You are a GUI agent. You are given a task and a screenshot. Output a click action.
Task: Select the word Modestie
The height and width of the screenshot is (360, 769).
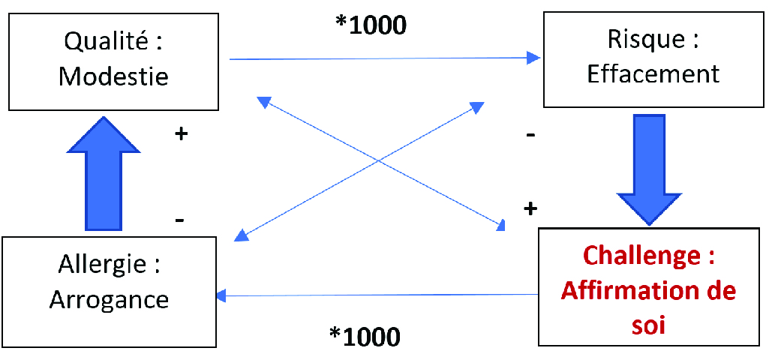pyautogui.click(x=113, y=76)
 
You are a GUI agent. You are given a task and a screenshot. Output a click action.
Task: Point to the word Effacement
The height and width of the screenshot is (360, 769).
pyautogui.click(x=653, y=73)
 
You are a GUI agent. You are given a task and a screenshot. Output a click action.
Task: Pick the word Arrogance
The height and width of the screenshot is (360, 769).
pyautogui.click(x=109, y=299)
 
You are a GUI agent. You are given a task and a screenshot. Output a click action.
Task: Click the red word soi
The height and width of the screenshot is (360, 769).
pyautogui.click(x=650, y=326)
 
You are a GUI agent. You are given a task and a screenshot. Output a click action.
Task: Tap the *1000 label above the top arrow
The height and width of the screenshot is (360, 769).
pyautogui.click(x=371, y=25)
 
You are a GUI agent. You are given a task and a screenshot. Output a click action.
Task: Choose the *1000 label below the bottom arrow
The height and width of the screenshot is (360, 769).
pyautogui.click(x=365, y=337)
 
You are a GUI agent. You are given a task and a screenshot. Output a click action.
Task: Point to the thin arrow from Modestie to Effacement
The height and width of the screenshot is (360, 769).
pyautogui.click(x=375, y=58)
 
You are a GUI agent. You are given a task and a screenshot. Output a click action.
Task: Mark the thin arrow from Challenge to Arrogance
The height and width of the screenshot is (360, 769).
pyautogui.click(x=375, y=295)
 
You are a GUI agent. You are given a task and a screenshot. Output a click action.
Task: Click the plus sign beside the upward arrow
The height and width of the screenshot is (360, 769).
pyautogui.click(x=181, y=134)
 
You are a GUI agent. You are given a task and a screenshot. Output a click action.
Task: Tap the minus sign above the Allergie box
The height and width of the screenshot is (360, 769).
pyautogui.click(x=180, y=220)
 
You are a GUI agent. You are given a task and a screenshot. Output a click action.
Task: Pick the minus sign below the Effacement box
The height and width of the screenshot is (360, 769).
pyautogui.click(x=530, y=136)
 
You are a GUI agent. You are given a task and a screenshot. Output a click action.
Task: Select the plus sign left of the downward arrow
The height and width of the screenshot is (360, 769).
pyautogui.click(x=530, y=208)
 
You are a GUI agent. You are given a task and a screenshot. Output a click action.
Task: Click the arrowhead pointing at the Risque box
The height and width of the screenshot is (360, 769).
pyautogui.click(x=533, y=58)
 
